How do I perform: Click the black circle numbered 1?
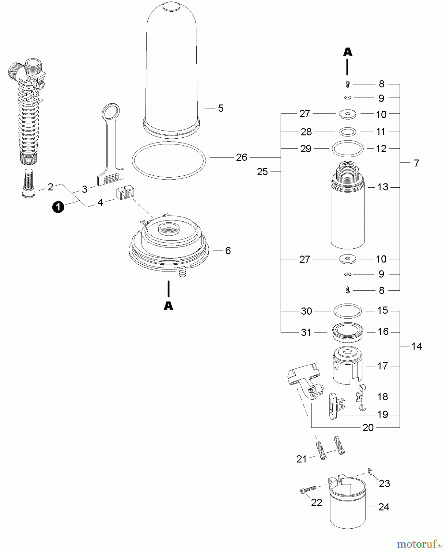(58, 208)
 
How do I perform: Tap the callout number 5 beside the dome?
(221, 108)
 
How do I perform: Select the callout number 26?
(241, 157)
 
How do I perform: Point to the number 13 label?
(383, 187)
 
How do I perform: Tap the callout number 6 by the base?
(228, 251)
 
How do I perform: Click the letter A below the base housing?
(168, 306)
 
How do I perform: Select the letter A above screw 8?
(347, 52)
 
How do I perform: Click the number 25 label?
(262, 172)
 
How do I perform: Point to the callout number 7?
(416, 163)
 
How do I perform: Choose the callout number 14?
(417, 346)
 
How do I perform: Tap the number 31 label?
(306, 332)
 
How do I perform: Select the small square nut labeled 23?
(370, 471)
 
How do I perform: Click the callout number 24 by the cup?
(384, 507)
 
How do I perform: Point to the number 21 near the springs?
(301, 459)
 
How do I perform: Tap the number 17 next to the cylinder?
(383, 366)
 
